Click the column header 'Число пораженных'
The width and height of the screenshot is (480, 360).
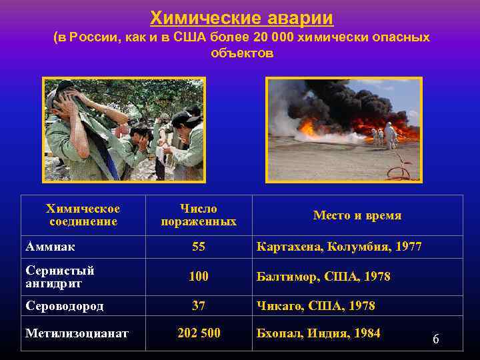point(198,215)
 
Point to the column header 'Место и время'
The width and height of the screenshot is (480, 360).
point(357,215)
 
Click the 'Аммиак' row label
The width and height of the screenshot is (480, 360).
point(50,247)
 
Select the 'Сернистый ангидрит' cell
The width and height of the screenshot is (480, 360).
point(60,277)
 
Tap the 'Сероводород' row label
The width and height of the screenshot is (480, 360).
point(66,306)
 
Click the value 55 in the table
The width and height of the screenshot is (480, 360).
point(198,247)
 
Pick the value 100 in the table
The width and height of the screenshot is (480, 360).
point(198,277)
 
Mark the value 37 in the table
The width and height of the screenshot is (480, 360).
point(198,306)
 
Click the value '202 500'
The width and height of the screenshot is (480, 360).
point(198,333)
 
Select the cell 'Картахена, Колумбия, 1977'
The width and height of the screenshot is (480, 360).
point(339,247)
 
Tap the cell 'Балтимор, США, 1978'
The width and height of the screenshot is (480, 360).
point(323,277)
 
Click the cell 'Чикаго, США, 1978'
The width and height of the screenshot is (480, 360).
point(315,306)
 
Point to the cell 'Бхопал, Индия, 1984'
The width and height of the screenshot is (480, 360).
point(318,333)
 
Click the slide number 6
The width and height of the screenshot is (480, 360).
point(435,339)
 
